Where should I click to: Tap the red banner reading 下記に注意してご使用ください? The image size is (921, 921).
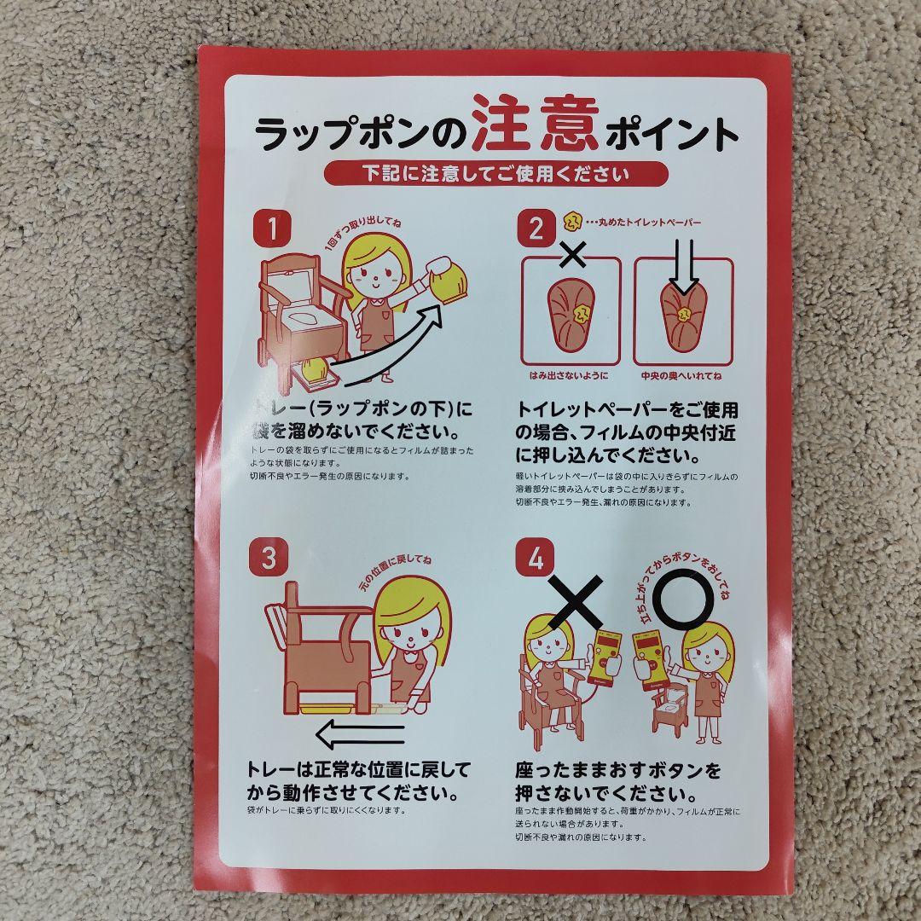[495, 174]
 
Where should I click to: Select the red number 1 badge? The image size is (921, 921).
[272, 229]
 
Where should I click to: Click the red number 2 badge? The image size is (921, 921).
[536, 229]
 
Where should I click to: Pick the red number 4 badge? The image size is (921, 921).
[536, 558]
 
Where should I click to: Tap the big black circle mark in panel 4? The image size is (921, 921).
[685, 600]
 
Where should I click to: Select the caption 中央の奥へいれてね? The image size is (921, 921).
[682, 375]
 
